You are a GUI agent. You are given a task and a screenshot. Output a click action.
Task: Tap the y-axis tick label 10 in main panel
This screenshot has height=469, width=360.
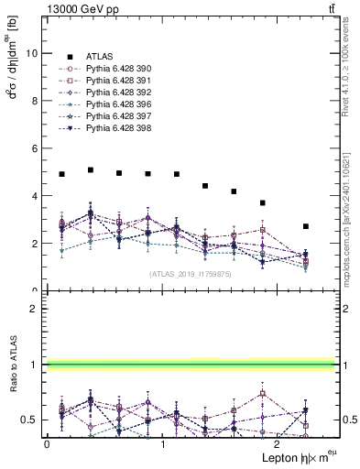[32, 53]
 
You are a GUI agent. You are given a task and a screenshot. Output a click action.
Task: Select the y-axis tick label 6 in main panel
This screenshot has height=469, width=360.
[35, 148]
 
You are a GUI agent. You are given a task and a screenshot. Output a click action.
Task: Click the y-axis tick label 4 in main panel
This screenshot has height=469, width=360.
[35, 196]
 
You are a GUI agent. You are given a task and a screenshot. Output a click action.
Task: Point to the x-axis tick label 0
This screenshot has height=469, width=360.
[47, 444]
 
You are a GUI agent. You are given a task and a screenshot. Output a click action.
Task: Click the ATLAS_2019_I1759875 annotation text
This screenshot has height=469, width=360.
[190, 274]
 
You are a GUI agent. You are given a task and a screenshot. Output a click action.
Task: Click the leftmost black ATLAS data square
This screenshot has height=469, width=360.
[61, 174]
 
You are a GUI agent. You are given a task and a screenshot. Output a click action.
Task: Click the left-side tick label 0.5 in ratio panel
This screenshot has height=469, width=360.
[29, 420]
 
